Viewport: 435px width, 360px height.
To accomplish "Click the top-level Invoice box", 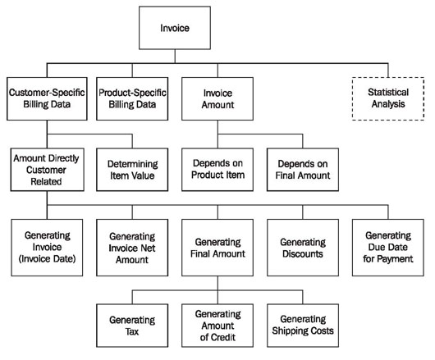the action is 175,28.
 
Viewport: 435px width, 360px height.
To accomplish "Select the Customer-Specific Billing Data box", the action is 47,98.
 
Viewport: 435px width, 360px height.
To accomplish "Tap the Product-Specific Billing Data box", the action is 132,98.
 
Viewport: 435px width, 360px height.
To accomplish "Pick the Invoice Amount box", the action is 217,98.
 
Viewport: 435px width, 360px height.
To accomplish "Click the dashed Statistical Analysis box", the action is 388,98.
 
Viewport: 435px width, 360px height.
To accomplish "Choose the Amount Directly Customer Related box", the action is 47,170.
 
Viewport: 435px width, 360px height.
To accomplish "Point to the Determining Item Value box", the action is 132,170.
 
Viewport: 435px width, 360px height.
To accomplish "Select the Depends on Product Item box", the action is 217,170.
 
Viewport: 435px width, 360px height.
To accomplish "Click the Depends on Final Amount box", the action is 303,170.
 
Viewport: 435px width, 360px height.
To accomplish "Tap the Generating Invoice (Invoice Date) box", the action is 47,248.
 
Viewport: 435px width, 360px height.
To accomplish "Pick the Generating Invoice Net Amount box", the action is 132,248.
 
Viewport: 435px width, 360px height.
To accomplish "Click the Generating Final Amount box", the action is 217,248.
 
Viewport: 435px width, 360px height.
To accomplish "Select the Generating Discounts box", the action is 303,248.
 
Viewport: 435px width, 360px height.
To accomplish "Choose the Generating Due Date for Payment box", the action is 388,248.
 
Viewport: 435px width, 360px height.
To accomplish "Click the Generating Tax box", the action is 132,326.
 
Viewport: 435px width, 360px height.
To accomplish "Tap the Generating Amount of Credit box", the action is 217,326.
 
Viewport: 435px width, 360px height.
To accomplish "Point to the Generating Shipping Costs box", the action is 303,326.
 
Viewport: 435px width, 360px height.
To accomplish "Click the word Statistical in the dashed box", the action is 388,93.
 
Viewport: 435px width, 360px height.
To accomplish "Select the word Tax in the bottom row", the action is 132,332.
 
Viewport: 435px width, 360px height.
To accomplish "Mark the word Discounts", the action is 303,254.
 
